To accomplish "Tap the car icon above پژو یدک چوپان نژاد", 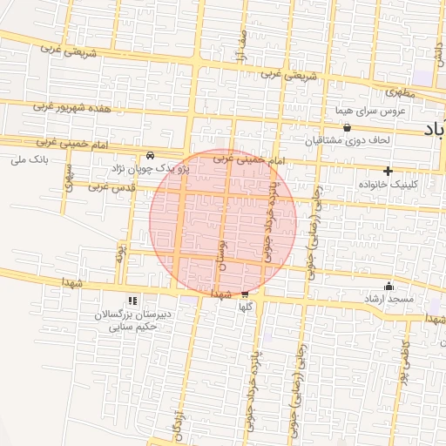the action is coord(151,156).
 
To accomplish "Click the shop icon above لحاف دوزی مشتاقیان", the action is coord(347,127).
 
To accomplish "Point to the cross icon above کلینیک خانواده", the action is coord(388,171).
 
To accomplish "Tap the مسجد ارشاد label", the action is coord(389,300).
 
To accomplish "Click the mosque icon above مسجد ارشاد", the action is coord(389,287).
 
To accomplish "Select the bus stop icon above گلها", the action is coord(245,294).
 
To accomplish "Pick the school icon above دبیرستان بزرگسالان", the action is coord(132,301).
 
